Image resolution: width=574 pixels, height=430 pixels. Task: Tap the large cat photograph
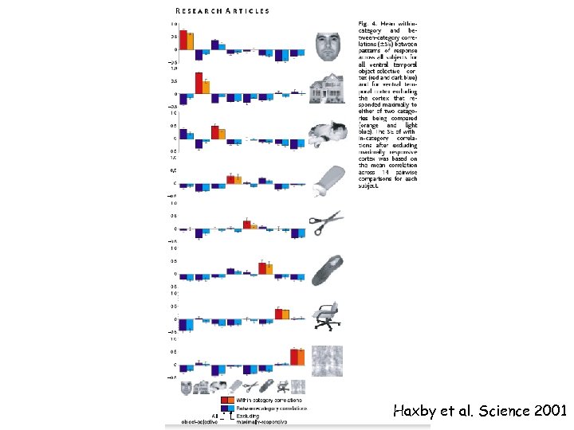coord(328,134)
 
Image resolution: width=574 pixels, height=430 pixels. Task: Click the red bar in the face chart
coord(183,40)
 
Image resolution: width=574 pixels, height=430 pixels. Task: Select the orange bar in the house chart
coord(206,87)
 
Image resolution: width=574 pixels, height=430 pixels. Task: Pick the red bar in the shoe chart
coord(262,268)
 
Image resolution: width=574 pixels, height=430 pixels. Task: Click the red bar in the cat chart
coord(214,131)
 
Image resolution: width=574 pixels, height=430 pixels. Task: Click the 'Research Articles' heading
coord(222,11)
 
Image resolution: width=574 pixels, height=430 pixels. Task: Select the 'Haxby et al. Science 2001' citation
coord(479,412)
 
